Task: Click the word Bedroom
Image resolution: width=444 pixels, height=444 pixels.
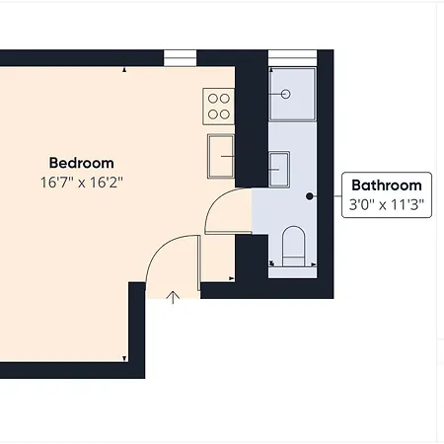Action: click(82, 163)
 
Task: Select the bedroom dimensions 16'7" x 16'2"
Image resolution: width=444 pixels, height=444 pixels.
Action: click(82, 182)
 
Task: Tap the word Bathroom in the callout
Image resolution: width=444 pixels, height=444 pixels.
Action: click(387, 185)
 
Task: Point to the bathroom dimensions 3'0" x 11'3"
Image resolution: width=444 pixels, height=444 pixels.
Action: click(387, 206)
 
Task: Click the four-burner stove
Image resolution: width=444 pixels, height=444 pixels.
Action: click(218, 106)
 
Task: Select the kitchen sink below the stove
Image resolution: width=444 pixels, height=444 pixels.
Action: click(221, 155)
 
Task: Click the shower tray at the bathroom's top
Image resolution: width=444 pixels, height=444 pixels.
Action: click(292, 95)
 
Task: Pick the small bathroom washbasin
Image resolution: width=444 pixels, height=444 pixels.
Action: click(280, 168)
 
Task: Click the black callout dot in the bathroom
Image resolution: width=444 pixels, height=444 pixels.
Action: click(310, 196)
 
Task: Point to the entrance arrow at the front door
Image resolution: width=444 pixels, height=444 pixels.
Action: click(174, 295)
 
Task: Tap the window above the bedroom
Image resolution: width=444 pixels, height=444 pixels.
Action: click(180, 56)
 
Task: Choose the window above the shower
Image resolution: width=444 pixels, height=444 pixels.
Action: click(292, 56)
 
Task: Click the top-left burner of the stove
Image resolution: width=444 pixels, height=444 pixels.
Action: click(211, 98)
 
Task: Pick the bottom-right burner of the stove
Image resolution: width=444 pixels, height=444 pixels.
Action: click(225, 112)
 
